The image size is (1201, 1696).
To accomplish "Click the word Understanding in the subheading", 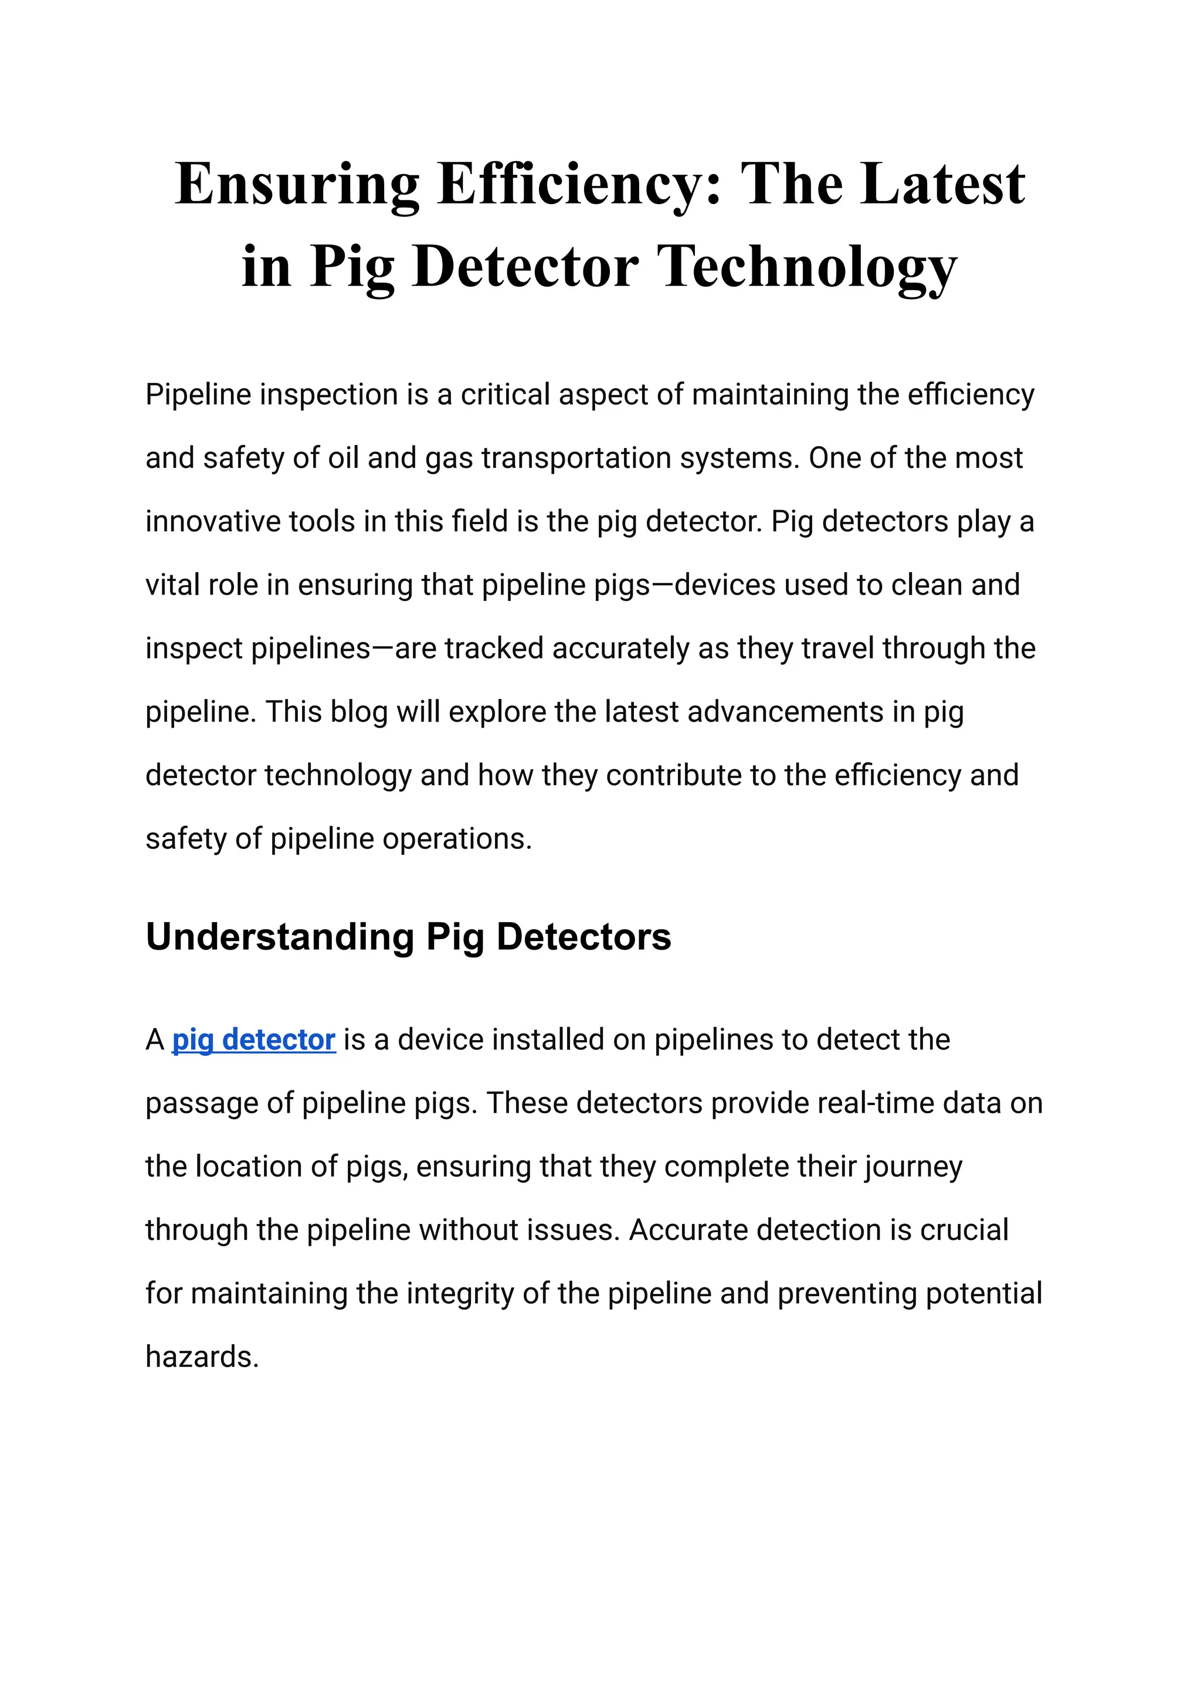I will (x=280, y=937).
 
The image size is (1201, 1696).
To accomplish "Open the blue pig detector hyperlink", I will (x=254, y=1039).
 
